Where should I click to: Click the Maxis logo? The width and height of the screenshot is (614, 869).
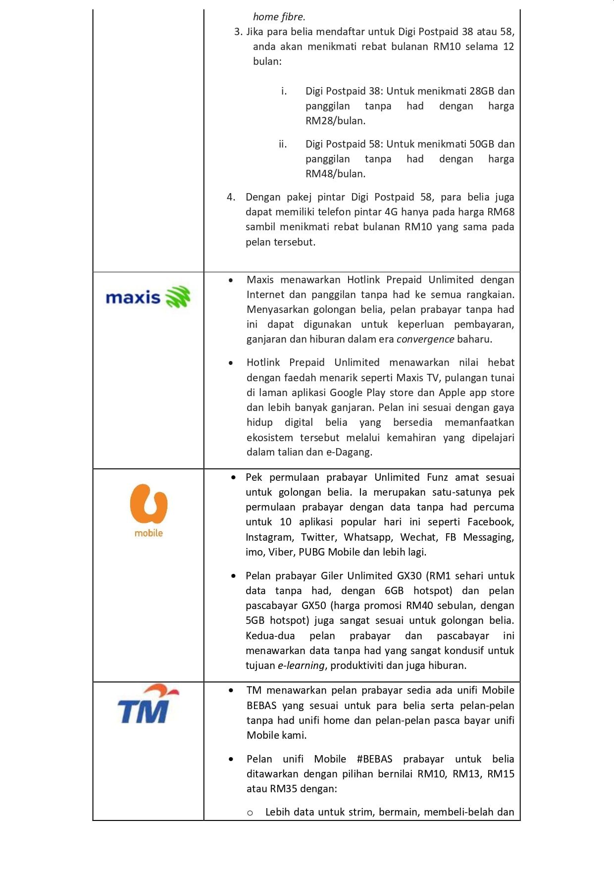click(148, 297)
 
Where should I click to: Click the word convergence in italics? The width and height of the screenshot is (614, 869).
click(425, 339)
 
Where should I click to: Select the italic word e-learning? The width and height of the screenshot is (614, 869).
click(301, 665)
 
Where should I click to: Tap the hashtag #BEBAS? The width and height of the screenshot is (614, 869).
click(374, 759)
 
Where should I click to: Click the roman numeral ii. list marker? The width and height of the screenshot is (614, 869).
click(283, 144)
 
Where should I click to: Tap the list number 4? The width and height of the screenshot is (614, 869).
click(231, 197)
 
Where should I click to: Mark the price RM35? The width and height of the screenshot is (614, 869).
click(282, 789)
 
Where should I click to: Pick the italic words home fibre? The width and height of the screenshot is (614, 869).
click(279, 17)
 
